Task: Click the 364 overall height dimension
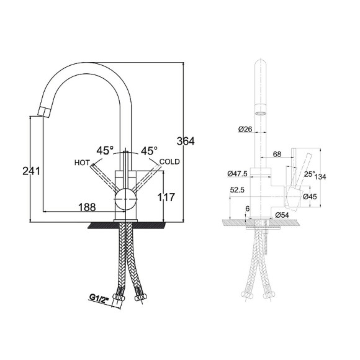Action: click(186, 141)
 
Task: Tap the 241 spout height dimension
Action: click(31, 171)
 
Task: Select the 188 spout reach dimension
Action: click(87, 207)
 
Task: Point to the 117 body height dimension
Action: click(166, 197)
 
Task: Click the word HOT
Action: click(82, 163)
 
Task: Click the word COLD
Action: click(169, 161)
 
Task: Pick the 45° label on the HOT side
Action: click(105, 151)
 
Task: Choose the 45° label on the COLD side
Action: click(149, 151)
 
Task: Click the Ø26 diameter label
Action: click(245, 129)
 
